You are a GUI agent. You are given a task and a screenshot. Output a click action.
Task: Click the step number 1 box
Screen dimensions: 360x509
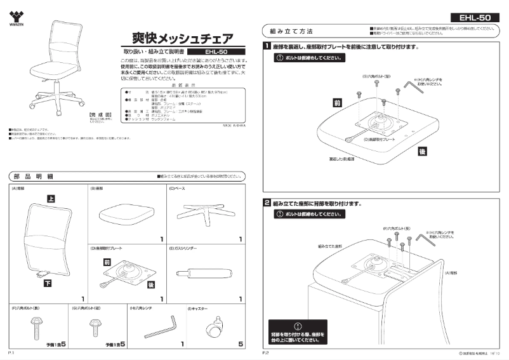[x=268, y=46]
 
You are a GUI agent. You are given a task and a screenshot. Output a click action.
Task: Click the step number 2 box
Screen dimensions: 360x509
[x=268, y=203]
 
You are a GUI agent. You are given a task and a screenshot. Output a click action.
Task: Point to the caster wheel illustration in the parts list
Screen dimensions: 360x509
[x=214, y=328]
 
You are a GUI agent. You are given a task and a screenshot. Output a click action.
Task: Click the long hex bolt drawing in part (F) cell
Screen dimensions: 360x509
[x=36, y=328]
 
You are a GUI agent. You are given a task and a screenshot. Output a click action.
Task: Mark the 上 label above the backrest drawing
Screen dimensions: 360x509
[x=51, y=199]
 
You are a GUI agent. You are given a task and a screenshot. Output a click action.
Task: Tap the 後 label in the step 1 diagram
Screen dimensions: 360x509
[x=422, y=151]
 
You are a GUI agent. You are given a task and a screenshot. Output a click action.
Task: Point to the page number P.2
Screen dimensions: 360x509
[x=267, y=351]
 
